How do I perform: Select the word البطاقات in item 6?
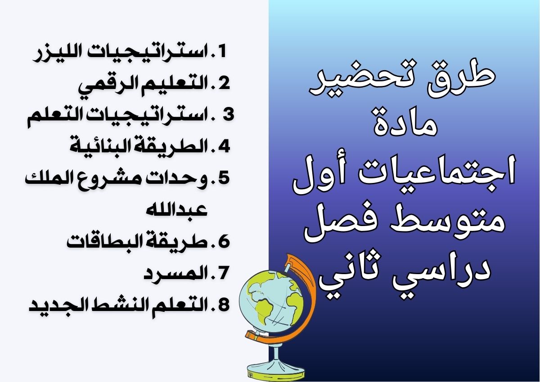(98, 242)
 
